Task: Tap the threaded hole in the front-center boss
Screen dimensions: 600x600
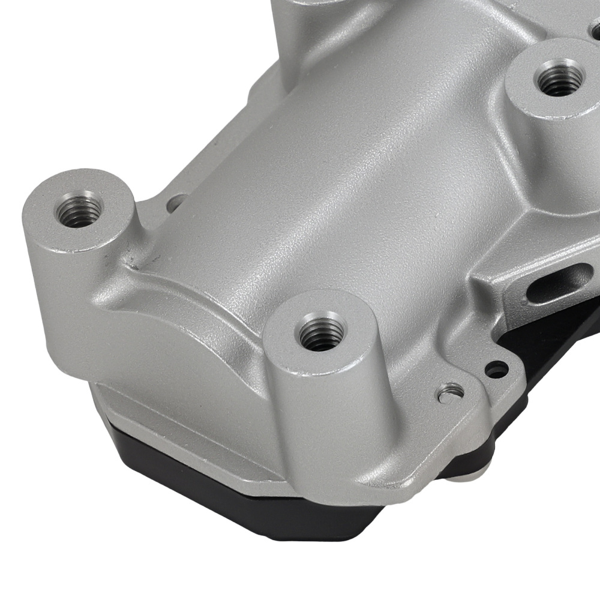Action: pos(322,332)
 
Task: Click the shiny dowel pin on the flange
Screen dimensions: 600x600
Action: pos(451,393)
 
